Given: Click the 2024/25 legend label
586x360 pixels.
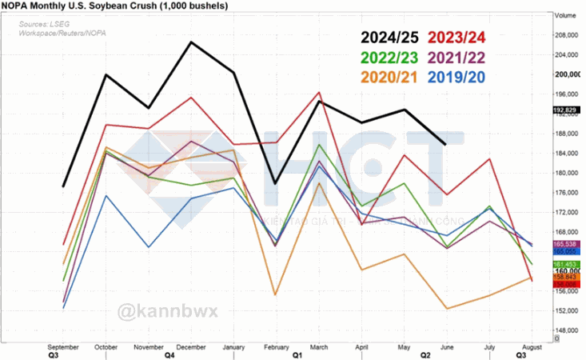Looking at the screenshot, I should click(x=393, y=38).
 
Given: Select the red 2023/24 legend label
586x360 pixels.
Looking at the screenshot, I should click(x=458, y=38).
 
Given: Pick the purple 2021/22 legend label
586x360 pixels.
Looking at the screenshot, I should click(x=458, y=58).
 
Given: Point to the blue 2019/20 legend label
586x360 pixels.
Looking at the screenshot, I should click(x=458, y=78).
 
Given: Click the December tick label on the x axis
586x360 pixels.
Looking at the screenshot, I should click(x=191, y=346).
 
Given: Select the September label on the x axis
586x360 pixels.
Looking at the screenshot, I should click(x=63, y=346).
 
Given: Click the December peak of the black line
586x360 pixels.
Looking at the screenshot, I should click(x=191, y=42).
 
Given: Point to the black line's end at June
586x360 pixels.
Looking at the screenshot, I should click(x=445, y=144).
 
